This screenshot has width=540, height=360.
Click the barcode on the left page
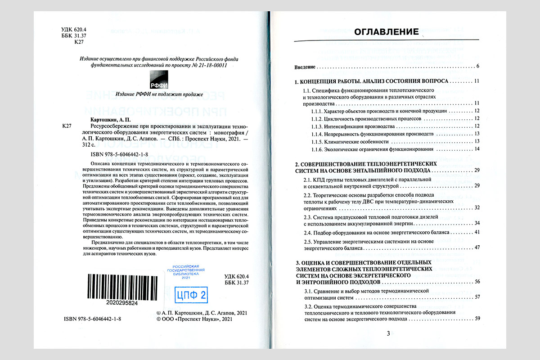tap(121, 286)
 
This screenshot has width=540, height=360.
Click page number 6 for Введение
tap(477, 67)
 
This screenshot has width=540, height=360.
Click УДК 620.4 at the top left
tap(73, 30)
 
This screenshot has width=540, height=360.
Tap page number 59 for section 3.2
tap(477, 319)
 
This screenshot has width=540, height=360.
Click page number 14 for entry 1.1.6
tap(477, 149)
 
